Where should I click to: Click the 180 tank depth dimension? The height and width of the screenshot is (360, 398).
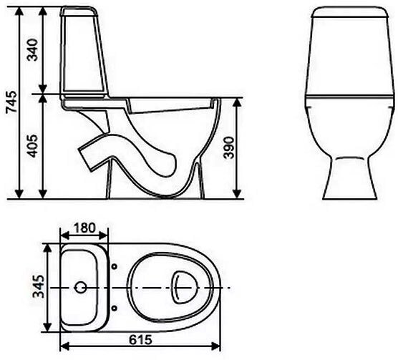tap(85, 228)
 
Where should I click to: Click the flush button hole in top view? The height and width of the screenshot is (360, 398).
tap(82, 288)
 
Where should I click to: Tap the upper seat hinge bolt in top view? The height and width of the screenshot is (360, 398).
tap(115, 267)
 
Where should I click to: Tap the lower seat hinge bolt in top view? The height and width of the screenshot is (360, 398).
tap(115, 309)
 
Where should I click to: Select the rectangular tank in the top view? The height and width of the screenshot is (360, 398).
tap(84, 288)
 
